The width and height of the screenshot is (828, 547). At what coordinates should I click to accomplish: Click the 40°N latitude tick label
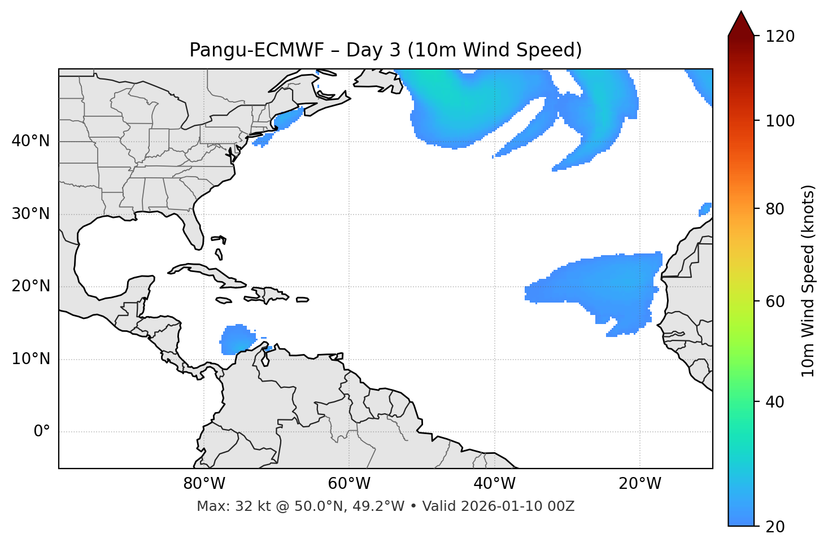pos(30,141)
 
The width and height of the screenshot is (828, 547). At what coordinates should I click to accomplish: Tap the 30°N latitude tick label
pos(30,214)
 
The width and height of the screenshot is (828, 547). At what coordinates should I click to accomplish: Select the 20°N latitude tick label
pos(30,286)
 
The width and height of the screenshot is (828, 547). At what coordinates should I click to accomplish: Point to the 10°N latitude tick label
pos(30,359)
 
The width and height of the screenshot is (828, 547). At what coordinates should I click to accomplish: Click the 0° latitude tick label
pos(42,432)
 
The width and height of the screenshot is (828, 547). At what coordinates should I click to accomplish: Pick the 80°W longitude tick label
pos(204,484)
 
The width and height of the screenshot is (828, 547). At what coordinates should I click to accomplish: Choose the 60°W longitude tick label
pos(349,484)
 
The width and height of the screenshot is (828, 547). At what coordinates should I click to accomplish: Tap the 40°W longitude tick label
pos(494,484)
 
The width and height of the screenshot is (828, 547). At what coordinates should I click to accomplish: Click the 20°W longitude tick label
pos(639,484)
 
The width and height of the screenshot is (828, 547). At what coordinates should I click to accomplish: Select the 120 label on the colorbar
pos(779,37)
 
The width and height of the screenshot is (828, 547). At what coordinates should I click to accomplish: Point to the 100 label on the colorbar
pos(779,121)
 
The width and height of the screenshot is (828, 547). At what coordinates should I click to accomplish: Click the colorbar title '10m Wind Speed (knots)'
pos(808,281)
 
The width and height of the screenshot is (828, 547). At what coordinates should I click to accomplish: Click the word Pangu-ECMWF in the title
pos(256,50)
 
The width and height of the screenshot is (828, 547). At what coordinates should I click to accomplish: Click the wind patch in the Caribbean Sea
pos(236,340)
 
